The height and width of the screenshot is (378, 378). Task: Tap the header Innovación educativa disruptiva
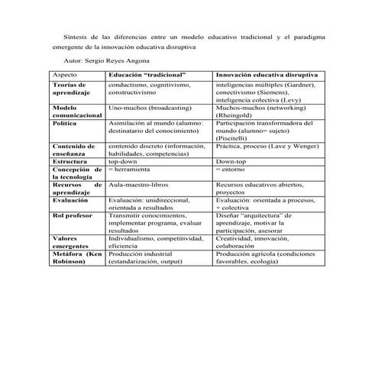(x=267, y=75)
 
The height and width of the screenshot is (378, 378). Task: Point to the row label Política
(x=66, y=122)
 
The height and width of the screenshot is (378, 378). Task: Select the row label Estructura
(x=69, y=162)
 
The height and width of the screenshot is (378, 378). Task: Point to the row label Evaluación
(x=71, y=199)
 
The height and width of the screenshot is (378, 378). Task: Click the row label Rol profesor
(x=72, y=215)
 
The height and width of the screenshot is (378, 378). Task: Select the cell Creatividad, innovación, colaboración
(x=257, y=242)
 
